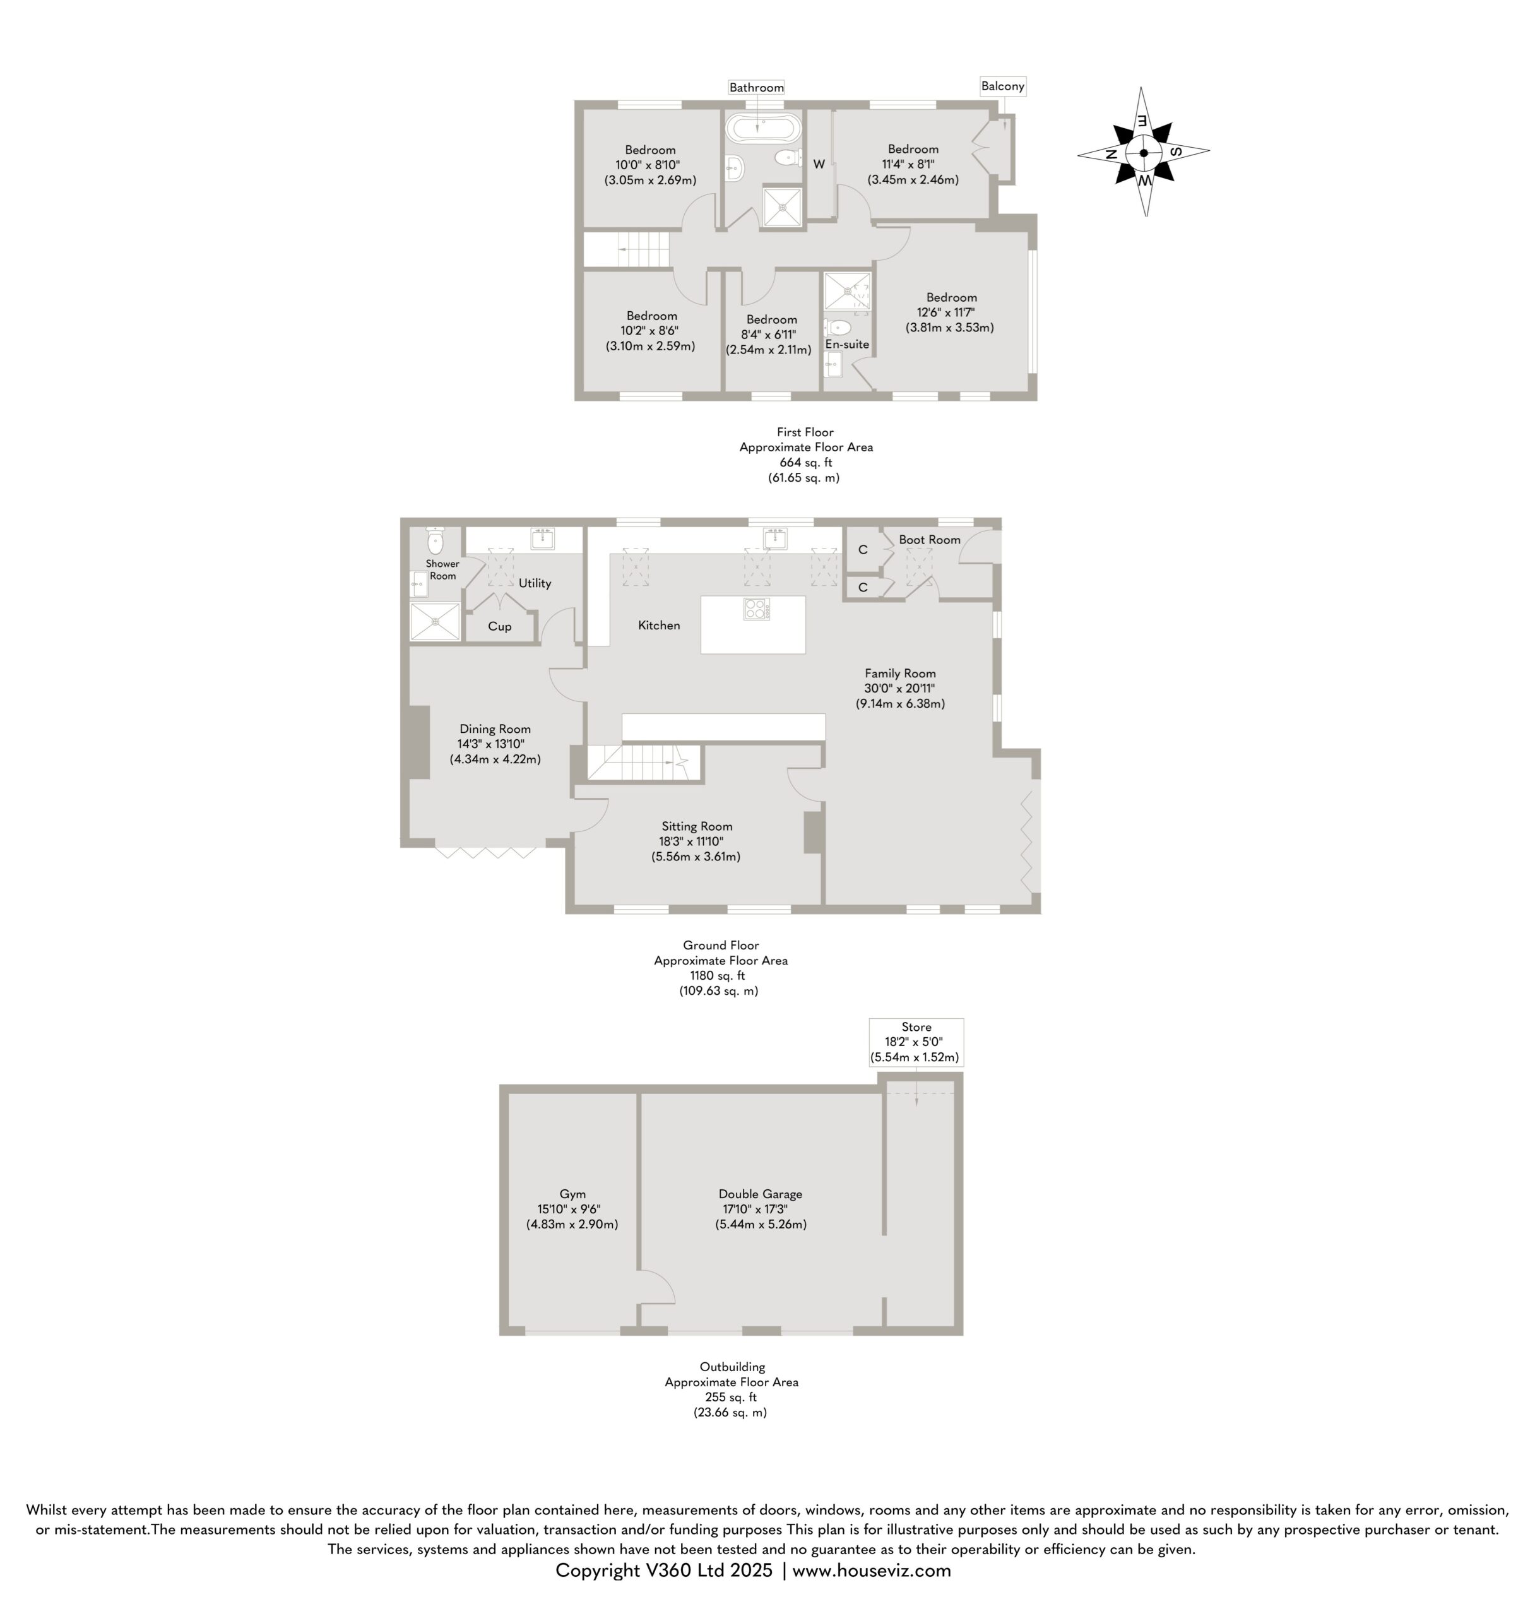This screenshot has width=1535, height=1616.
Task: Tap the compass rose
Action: pyautogui.click(x=1143, y=152)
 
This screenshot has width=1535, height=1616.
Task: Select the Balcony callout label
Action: pyautogui.click(x=1002, y=86)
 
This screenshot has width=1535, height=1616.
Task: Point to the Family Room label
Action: pyautogui.click(x=900, y=674)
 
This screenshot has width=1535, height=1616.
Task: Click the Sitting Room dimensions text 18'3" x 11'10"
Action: pyautogui.click(x=691, y=841)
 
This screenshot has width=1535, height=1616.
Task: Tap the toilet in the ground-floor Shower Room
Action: pyautogui.click(x=436, y=539)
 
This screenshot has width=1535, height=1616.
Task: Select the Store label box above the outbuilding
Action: pyautogui.click(x=916, y=1042)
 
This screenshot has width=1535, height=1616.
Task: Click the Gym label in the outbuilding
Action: pyautogui.click(x=572, y=1194)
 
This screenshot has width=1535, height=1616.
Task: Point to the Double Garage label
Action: pyautogui.click(x=760, y=1194)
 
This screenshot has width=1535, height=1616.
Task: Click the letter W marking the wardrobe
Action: pyautogui.click(x=818, y=165)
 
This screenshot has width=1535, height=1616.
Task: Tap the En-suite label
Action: pyautogui.click(x=847, y=345)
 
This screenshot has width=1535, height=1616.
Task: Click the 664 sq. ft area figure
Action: pyautogui.click(x=805, y=462)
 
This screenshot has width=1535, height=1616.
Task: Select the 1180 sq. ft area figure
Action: pyautogui.click(x=718, y=975)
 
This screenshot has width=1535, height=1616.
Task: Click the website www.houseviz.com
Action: pyautogui.click(x=872, y=1570)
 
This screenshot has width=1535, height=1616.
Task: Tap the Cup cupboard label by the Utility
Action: pyautogui.click(x=499, y=627)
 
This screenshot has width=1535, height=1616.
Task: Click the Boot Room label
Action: pyautogui.click(x=930, y=540)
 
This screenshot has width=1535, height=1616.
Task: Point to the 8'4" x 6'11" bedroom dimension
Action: pyautogui.click(x=768, y=335)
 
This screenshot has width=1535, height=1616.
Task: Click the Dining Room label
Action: pyautogui.click(x=495, y=729)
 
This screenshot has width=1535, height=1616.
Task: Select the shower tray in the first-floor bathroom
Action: pyautogui.click(x=783, y=207)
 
